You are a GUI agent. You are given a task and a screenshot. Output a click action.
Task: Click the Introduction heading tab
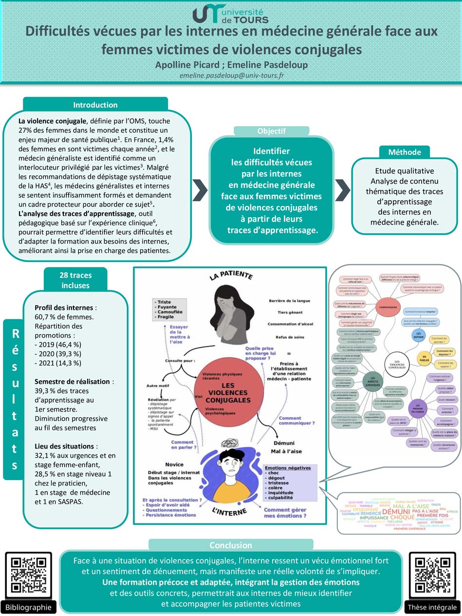point(95,105)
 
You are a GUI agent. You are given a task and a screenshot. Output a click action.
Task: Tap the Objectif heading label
point(271,131)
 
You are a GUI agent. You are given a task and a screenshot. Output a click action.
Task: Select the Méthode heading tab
point(405,152)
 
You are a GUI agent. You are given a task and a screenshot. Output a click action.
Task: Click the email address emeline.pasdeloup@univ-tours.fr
point(232,75)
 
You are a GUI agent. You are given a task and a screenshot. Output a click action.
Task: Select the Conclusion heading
point(230,545)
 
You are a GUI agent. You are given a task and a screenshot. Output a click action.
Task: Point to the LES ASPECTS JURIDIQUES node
point(373,381)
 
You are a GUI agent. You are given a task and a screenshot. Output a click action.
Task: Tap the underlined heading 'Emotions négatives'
point(288,468)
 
